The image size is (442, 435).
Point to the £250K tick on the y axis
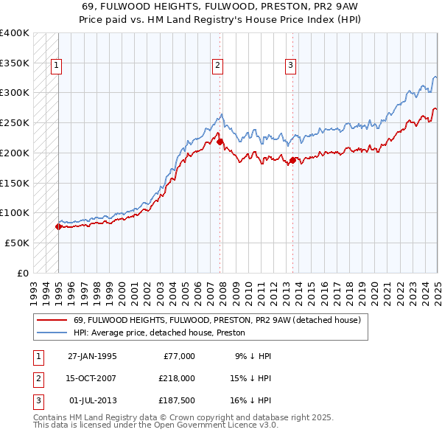15,122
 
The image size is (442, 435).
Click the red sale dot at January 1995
58,226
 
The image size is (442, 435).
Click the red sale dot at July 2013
292,160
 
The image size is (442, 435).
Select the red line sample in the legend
52,321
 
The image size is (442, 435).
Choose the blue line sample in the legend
52,333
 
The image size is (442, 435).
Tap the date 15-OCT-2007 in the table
92,377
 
